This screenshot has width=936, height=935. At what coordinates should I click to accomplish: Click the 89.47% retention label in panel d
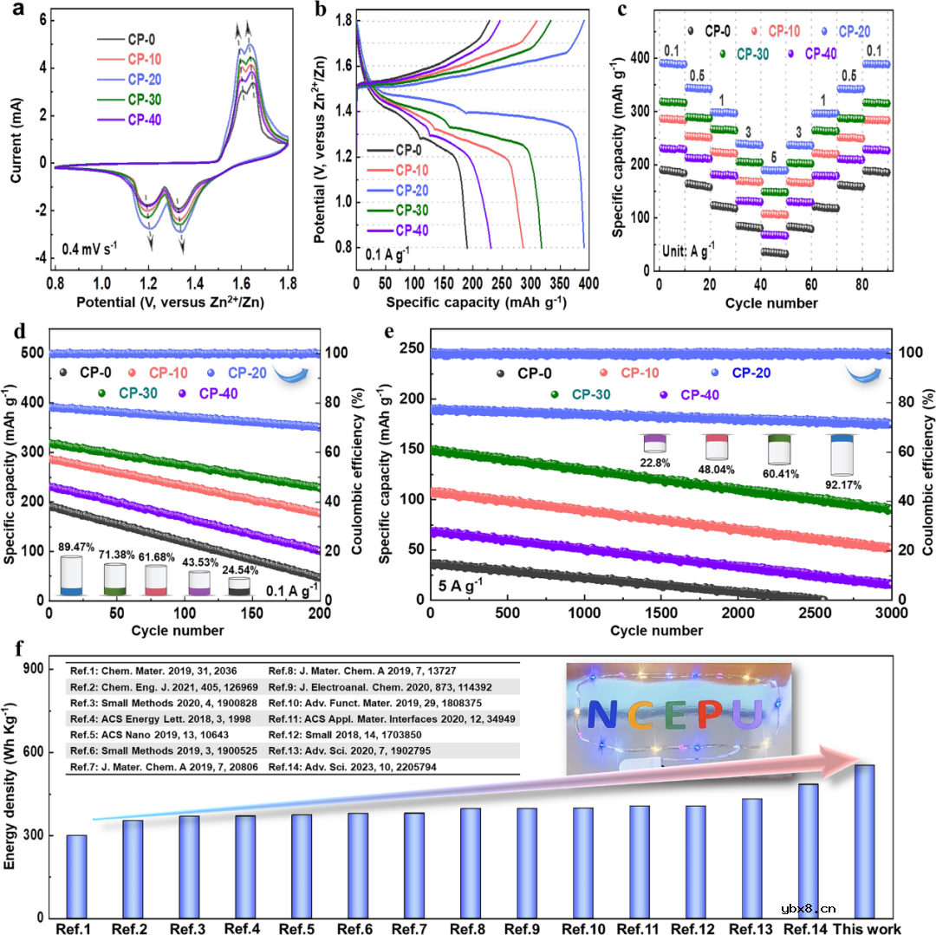tap(71, 547)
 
